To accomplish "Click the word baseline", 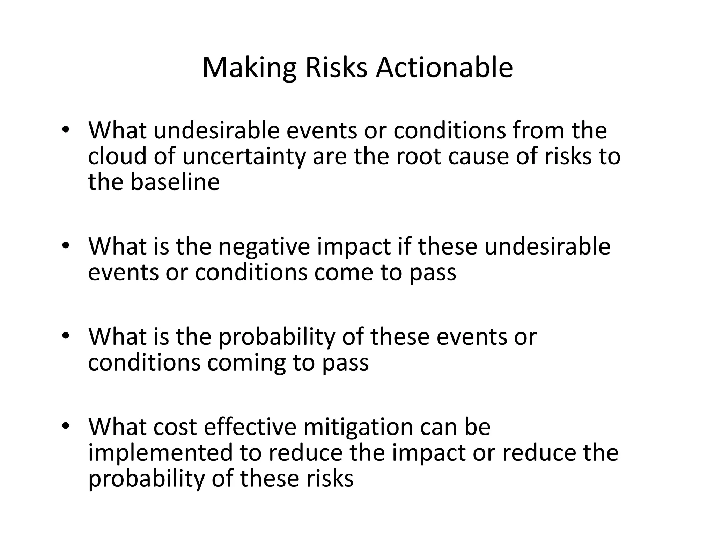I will tap(175, 182).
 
